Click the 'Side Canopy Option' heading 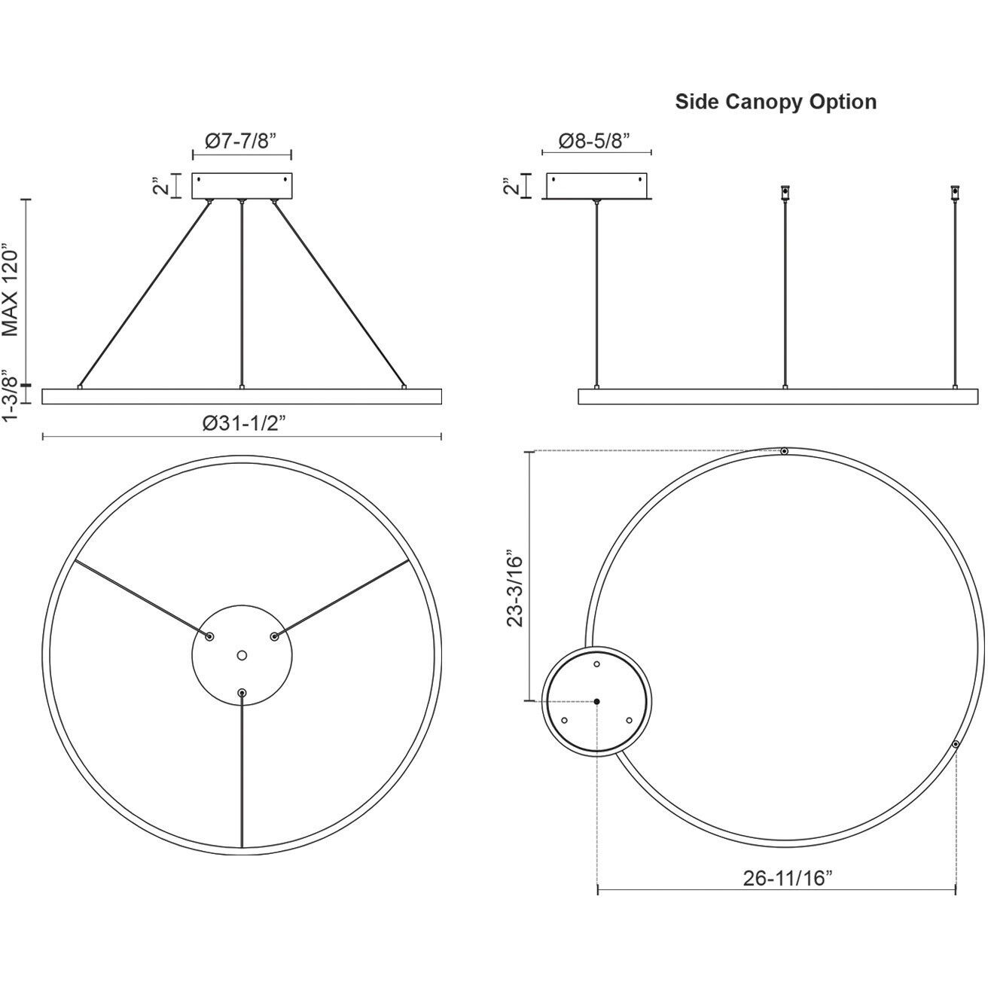(x=775, y=102)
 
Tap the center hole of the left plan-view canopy (x=242, y=656)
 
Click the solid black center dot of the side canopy (x=597, y=701)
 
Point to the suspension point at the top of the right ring (x=784, y=451)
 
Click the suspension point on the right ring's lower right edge (x=955, y=744)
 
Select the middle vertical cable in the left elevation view (x=242, y=294)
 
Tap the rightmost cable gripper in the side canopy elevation (x=955, y=193)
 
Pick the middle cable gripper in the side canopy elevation (x=785, y=193)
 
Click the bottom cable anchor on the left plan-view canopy (x=242, y=691)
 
